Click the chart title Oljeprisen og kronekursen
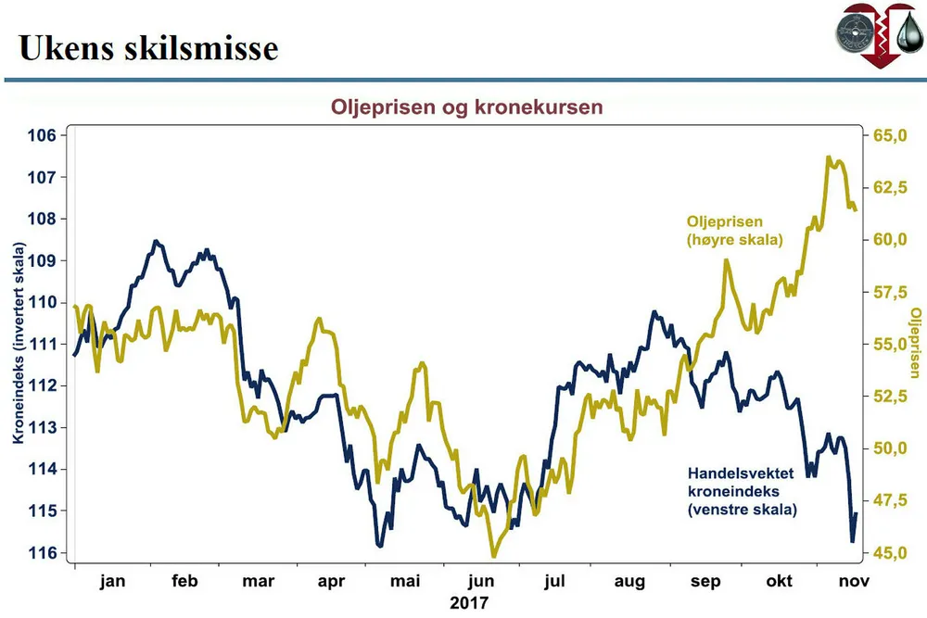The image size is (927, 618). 467,107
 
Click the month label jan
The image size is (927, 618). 111,581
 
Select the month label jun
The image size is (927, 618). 479,581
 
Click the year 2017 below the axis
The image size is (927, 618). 468,602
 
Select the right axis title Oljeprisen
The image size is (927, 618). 916,343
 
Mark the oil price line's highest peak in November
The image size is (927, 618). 828,158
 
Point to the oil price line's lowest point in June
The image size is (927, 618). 493,556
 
